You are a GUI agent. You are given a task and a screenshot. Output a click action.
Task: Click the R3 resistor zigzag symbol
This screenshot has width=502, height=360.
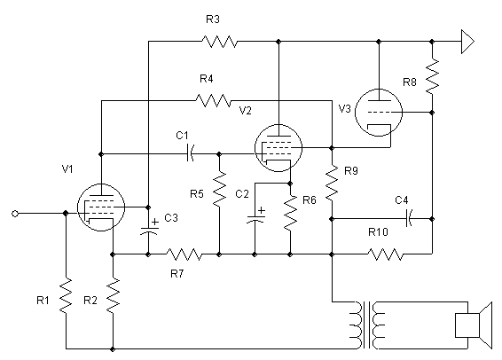(220, 42)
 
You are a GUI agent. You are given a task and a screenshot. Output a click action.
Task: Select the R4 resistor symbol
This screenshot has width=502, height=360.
(213, 100)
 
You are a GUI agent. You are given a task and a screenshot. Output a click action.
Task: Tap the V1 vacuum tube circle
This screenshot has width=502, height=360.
(101, 207)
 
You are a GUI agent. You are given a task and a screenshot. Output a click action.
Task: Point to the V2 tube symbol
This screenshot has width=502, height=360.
(278, 148)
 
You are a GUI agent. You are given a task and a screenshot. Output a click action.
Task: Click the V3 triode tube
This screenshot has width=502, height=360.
(379, 113)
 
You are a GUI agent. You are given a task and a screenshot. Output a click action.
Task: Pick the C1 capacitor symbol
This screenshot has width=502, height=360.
(190, 153)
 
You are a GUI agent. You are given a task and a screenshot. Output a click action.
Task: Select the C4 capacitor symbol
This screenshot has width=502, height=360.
(409, 218)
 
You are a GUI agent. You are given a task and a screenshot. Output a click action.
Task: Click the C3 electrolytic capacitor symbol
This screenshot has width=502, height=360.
(149, 227)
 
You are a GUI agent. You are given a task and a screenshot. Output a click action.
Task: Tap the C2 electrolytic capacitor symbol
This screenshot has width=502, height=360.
(255, 215)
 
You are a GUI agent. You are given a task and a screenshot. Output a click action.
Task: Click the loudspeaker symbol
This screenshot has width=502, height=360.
(474, 325)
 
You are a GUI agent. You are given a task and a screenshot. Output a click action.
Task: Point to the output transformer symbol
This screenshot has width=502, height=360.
(369, 325)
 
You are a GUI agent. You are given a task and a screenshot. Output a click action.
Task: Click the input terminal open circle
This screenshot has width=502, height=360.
(15, 214)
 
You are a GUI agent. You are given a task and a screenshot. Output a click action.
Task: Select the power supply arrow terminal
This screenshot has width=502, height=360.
(467, 42)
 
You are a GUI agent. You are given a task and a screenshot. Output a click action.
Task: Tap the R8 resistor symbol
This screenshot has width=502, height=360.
(432, 76)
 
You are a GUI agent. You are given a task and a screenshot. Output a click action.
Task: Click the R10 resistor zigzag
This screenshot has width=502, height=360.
(386, 254)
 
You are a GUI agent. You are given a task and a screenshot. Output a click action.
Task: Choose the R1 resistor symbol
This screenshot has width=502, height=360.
(66, 295)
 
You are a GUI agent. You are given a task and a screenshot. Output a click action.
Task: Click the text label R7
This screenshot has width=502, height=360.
(177, 274)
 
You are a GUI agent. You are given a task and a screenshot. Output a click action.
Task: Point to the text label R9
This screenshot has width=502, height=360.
(351, 171)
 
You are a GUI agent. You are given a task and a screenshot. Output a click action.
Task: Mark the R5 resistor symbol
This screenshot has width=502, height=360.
(219, 189)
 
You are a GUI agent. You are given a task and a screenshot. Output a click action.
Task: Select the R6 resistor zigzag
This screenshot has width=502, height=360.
(290, 213)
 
